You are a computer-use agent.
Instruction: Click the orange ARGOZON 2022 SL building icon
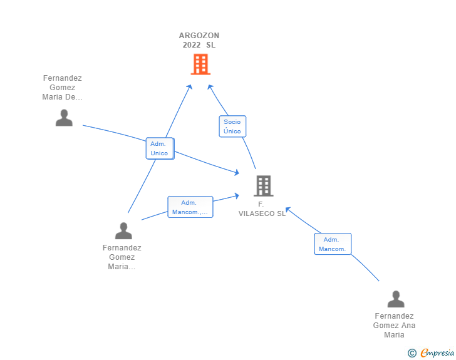pyautogui.click(x=200, y=64)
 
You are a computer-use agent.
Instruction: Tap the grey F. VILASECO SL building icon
pyautogui.click(x=264, y=186)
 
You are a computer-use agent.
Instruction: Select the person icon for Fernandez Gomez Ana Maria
pyautogui.click(x=395, y=299)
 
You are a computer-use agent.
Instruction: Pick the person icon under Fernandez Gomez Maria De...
pyautogui.click(x=64, y=118)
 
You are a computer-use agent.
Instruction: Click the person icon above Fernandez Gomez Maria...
pyautogui.click(x=123, y=231)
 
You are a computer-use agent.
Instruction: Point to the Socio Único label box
pyautogui.click(x=232, y=126)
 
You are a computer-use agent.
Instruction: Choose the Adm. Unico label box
pyautogui.click(x=159, y=148)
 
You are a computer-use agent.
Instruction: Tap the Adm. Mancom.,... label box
pyautogui.click(x=190, y=207)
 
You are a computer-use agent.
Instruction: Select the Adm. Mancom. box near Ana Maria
pyautogui.click(x=333, y=244)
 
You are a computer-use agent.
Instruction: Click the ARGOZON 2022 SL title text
pyautogui.click(x=199, y=40)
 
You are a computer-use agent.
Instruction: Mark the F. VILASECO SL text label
pyautogui.click(x=262, y=209)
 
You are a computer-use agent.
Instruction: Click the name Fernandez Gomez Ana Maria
pyautogui.click(x=395, y=326)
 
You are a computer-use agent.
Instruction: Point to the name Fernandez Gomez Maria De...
pyautogui.click(x=63, y=88)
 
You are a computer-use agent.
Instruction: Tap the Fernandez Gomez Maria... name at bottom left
pyautogui.click(x=122, y=257)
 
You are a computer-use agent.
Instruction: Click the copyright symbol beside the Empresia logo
pyautogui.click(x=412, y=354)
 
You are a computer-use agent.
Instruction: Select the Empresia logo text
pyautogui.click(x=437, y=353)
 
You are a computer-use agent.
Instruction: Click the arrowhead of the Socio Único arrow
pyautogui.click(x=210, y=87)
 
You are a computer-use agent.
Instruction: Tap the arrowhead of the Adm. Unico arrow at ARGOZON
pyautogui.click(x=190, y=86)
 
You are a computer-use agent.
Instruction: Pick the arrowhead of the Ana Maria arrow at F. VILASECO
pyautogui.click(x=288, y=209)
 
